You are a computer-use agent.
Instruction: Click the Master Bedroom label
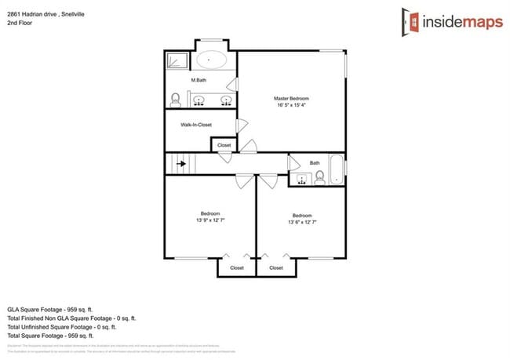(x=292, y=98)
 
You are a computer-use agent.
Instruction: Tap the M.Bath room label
(x=199, y=81)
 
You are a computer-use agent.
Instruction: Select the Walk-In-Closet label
(x=196, y=125)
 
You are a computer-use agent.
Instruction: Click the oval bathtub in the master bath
(x=211, y=60)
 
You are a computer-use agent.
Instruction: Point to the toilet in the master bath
(x=177, y=100)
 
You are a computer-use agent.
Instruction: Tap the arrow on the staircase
(x=182, y=164)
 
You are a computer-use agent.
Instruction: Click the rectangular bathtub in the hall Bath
(x=336, y=169)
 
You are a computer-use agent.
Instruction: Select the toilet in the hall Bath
(x=319, y=178)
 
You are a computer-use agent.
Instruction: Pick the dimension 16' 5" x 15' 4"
(x=292, y=105)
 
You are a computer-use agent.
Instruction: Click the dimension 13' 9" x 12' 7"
(x=210, y=220)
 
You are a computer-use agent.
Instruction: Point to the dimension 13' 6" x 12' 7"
(x=302, y=222)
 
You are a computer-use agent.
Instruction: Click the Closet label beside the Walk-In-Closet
(x=224, y=145)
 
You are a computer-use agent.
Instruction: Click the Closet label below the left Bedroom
(x=237, y=267)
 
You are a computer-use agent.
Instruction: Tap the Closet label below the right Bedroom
(x=276, y=267)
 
